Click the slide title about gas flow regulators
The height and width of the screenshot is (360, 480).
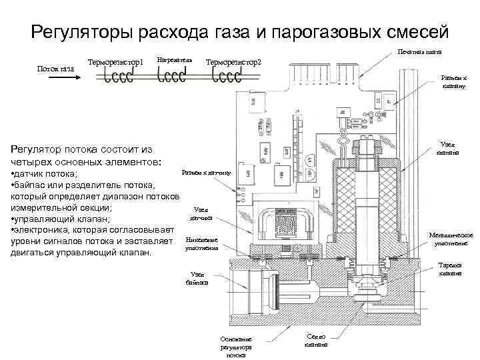pyautogui.click(x=240, y=31)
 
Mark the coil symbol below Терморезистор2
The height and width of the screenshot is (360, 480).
pyautogui.click(x=226, y=76)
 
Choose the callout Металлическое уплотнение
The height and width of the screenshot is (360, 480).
pyautogui.click(x=451, y=239)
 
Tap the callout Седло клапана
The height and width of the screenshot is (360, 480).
pyautogui.click(x=316, y=341)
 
